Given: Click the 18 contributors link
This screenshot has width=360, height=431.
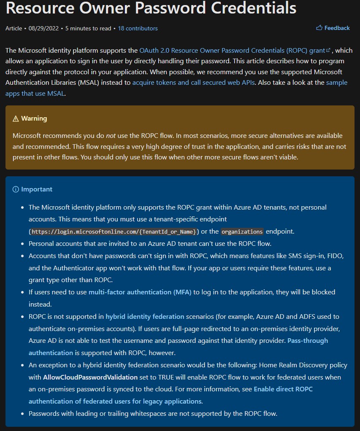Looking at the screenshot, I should click(x=138, y=28).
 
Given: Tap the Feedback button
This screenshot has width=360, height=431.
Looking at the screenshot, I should click(x=337, y=28).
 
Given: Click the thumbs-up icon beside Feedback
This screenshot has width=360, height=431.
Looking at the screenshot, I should click(x=319, y=28).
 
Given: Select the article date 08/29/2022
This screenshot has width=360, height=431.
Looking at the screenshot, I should click(x=44, y=28).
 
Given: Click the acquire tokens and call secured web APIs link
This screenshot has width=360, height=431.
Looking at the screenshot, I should click(x=193, y=82).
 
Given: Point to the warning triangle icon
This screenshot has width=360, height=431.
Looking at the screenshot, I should click(x=16, y=119).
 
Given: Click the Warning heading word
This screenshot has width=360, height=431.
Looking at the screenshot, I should click(x=34, y=119).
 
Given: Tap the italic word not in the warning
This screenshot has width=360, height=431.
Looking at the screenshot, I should click(x=111, y=135).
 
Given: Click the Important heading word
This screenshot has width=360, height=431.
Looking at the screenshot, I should click(x=37, y=189).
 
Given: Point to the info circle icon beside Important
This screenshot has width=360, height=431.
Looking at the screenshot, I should click(x=16, y=189).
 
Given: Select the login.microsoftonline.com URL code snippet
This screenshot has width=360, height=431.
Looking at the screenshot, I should click(x=114, y=232).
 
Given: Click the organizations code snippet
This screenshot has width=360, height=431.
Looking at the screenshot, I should click(x=242, y=232).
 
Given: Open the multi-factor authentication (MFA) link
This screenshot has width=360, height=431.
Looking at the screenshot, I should click(x=140, y=292).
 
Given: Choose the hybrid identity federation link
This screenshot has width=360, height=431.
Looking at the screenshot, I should click(x=145, y=316).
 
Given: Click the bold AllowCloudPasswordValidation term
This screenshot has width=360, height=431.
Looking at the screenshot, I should click(x=90, y=377).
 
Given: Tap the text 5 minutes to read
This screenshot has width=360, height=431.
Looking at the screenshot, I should click(x=89, y=28).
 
